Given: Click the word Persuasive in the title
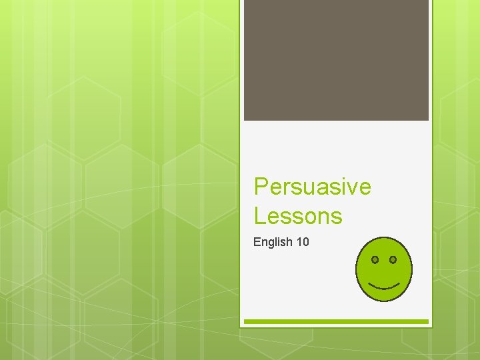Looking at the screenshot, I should [x=312, y=187].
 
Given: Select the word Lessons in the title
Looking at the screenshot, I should [x=298, y=216].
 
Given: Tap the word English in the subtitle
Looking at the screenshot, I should [x=272, y=242].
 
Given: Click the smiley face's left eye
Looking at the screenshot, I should [x=375, y=259].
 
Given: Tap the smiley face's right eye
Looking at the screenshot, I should [x=393, y=259].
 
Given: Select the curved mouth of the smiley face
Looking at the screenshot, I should [x=384, y=285].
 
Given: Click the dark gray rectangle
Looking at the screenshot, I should [x=336, y=60].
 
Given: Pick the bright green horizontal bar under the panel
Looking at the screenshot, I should [x=336, y=321].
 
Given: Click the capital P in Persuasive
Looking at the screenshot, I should [x=261, y=187].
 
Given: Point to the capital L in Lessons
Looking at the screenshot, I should [x=259, y=216].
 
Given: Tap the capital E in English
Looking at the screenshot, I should [x=257, y=242].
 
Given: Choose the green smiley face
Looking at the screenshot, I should [x=385, y=269].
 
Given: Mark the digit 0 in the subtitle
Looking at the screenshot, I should [x=305, y=242].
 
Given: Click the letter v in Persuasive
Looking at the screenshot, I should [x=351, y=188].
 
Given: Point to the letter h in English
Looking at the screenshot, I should [x=289, y=242].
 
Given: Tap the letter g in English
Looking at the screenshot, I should [x=271, y=243].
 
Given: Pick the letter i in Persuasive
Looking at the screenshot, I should [x=342, y=187].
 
